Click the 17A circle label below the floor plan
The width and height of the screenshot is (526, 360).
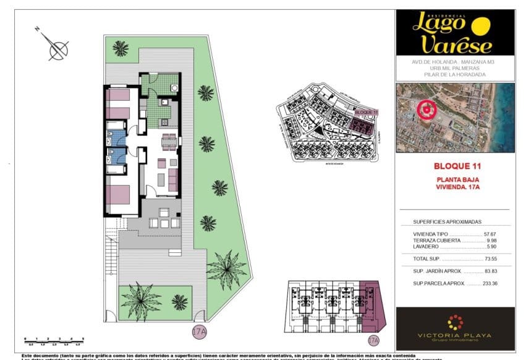(199, 331)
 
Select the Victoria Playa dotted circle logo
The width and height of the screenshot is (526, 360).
(455, 322)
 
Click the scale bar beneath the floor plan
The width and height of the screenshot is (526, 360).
(56, 339)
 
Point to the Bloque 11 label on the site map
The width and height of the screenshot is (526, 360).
(367, 111)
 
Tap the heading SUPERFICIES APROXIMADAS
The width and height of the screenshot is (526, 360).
(447, 221)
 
